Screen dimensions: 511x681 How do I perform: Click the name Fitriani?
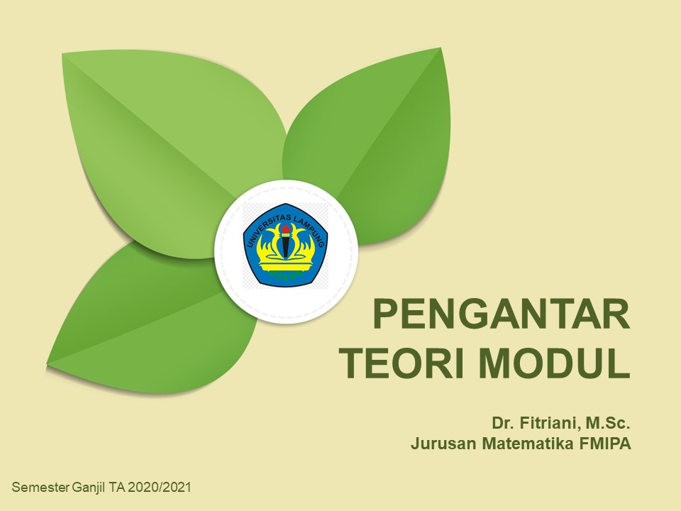tap(548, 424)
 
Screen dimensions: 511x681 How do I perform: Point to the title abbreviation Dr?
tap(502, 424)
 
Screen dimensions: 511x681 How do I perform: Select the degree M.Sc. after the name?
tap(607, 424)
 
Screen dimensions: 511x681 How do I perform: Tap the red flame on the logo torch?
tap(285, 229)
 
